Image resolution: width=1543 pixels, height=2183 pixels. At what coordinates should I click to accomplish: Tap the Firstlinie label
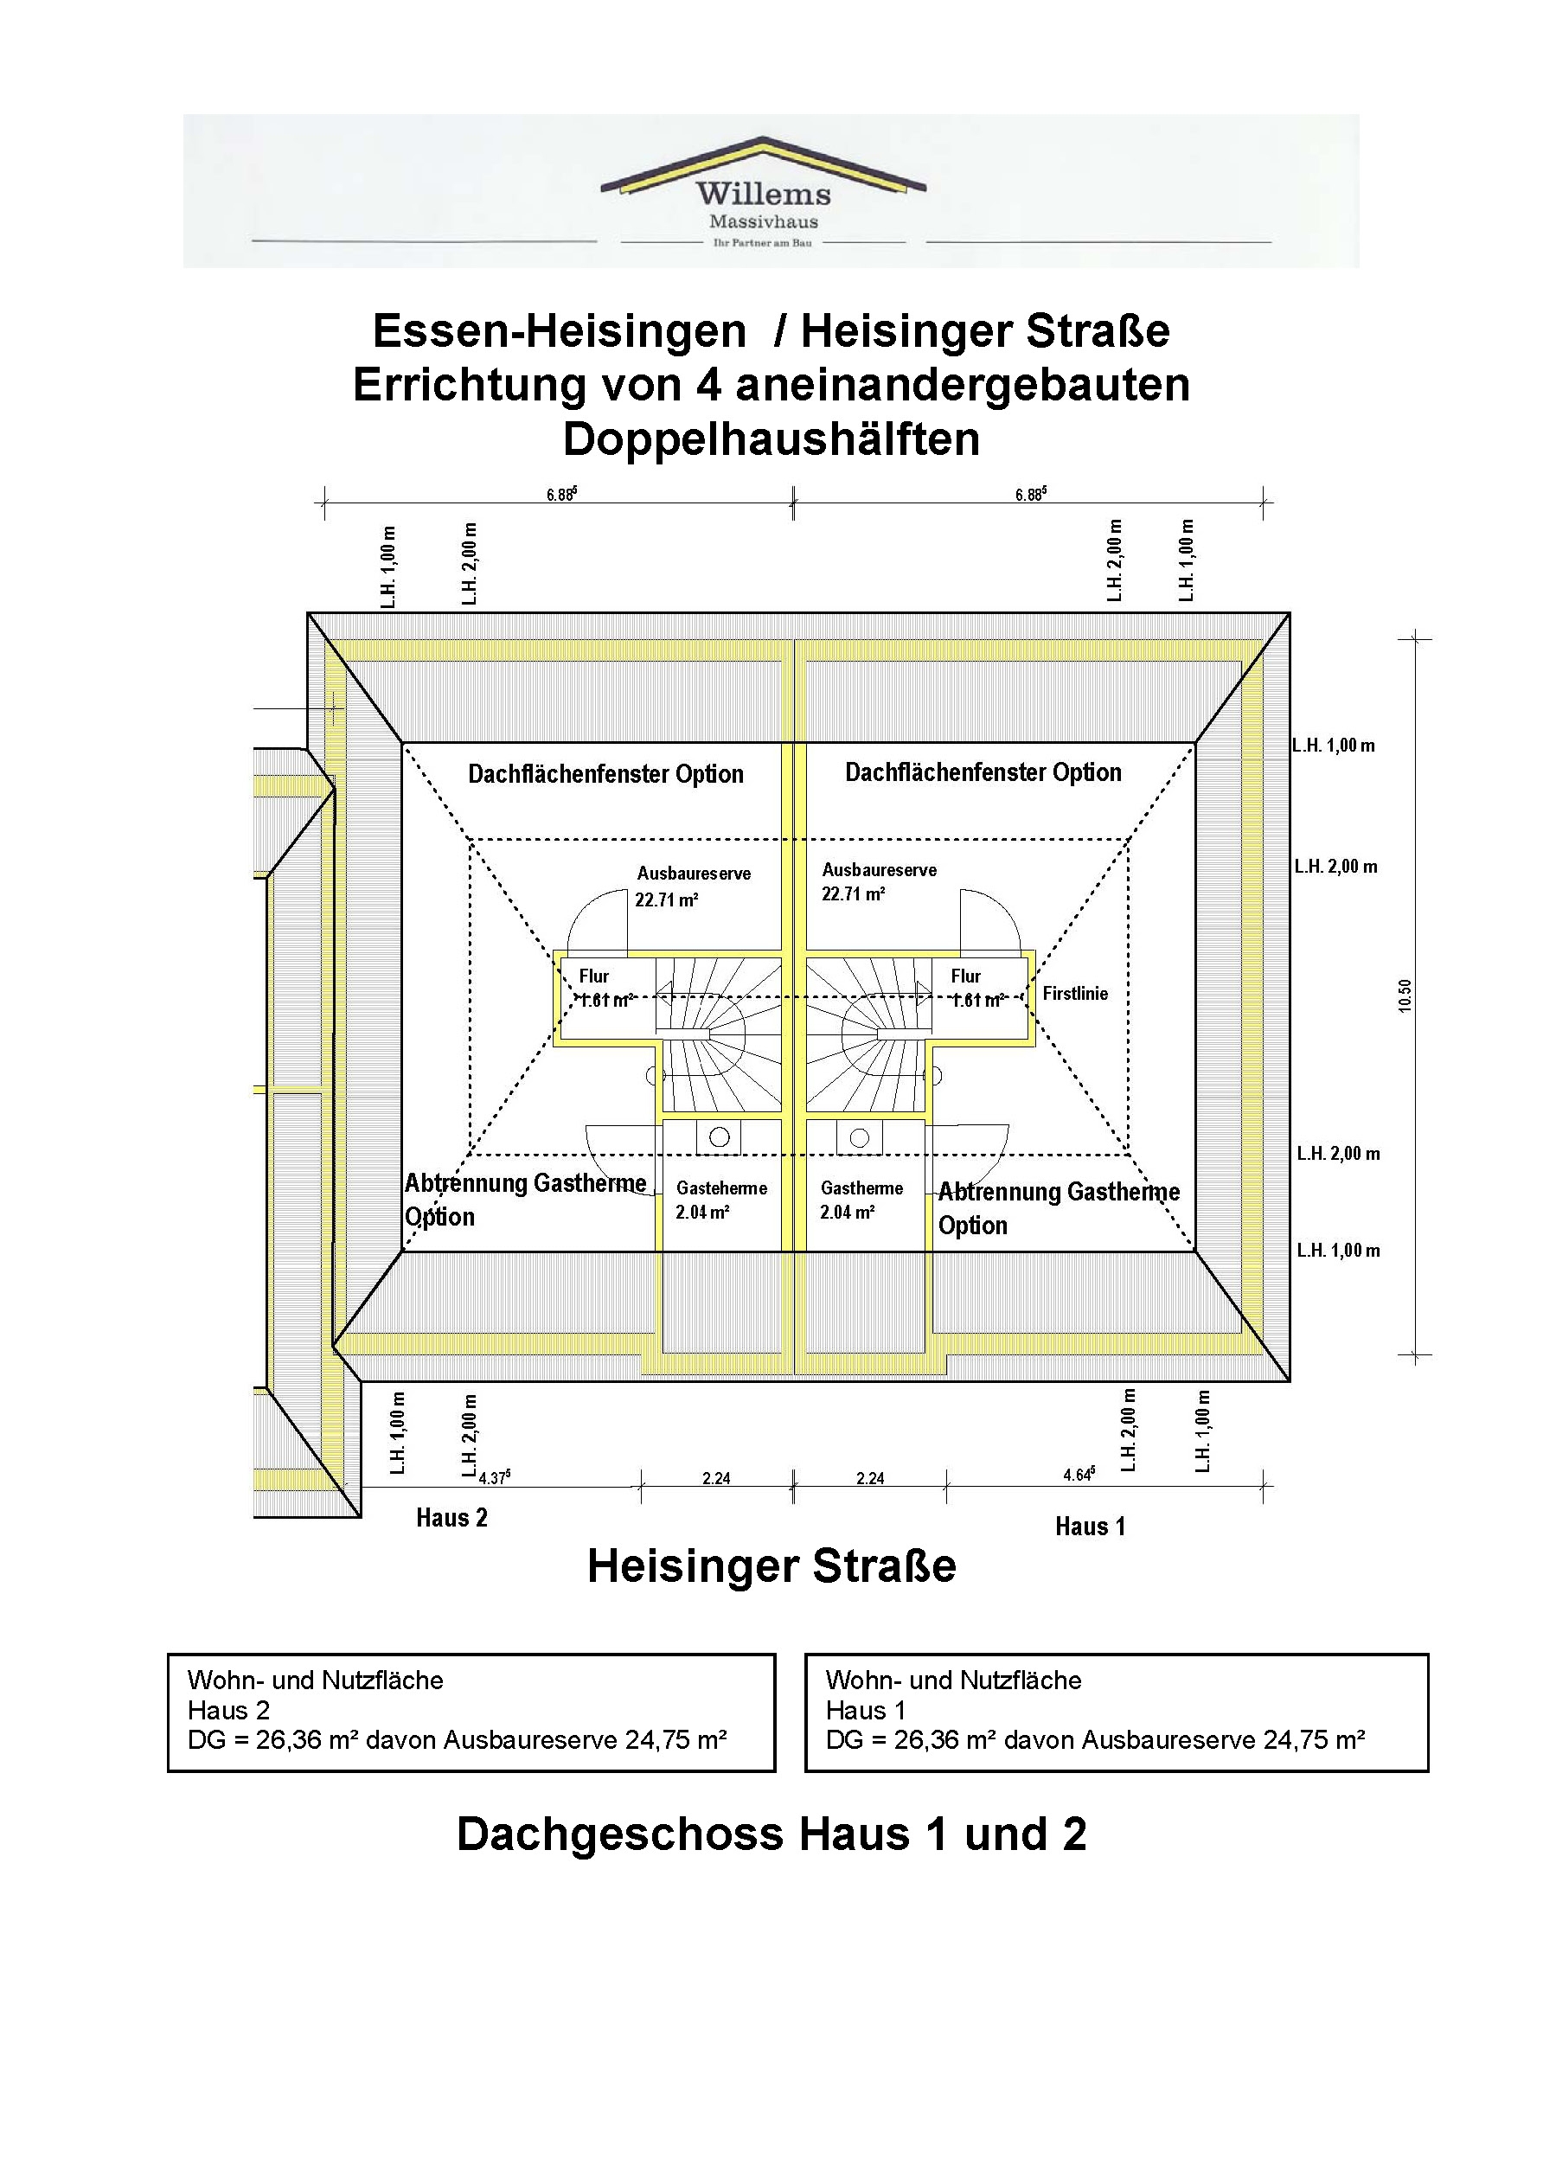click(1074, 994)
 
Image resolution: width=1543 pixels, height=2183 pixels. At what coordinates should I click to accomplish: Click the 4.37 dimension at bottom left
click(495, 1477)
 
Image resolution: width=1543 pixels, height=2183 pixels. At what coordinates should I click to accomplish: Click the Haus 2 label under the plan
click(451, 1517)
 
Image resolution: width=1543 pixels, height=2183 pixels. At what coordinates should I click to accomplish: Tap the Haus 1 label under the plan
click(1090, 1527)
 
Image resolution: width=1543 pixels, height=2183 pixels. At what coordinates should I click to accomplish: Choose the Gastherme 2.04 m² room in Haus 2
click(720, 1200)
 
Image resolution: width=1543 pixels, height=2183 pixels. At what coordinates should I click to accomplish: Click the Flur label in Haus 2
click(594, 976)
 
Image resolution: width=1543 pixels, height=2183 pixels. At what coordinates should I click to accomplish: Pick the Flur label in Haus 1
click(965, 976)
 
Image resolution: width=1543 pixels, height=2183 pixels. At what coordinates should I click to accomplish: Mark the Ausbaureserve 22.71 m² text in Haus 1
click(879, 881)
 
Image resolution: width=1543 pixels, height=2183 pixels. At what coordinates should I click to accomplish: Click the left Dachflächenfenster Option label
click(605, 774)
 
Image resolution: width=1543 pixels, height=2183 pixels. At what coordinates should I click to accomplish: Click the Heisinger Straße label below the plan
click(771, 1566)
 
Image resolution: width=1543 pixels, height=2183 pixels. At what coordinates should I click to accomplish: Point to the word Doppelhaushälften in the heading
click(771, 439)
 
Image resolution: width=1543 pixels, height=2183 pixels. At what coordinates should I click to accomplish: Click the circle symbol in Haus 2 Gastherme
click(720, 1137)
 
